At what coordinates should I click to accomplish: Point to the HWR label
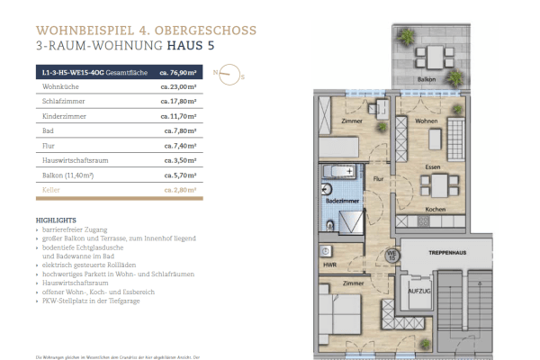pos(330,265)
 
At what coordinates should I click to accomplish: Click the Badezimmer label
pos(349,203)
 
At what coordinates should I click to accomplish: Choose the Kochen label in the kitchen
pos(435,210)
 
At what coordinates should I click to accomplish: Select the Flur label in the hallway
pos(379,179)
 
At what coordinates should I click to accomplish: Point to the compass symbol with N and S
pos(229,75)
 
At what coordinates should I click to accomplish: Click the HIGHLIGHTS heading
pos(55,220)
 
